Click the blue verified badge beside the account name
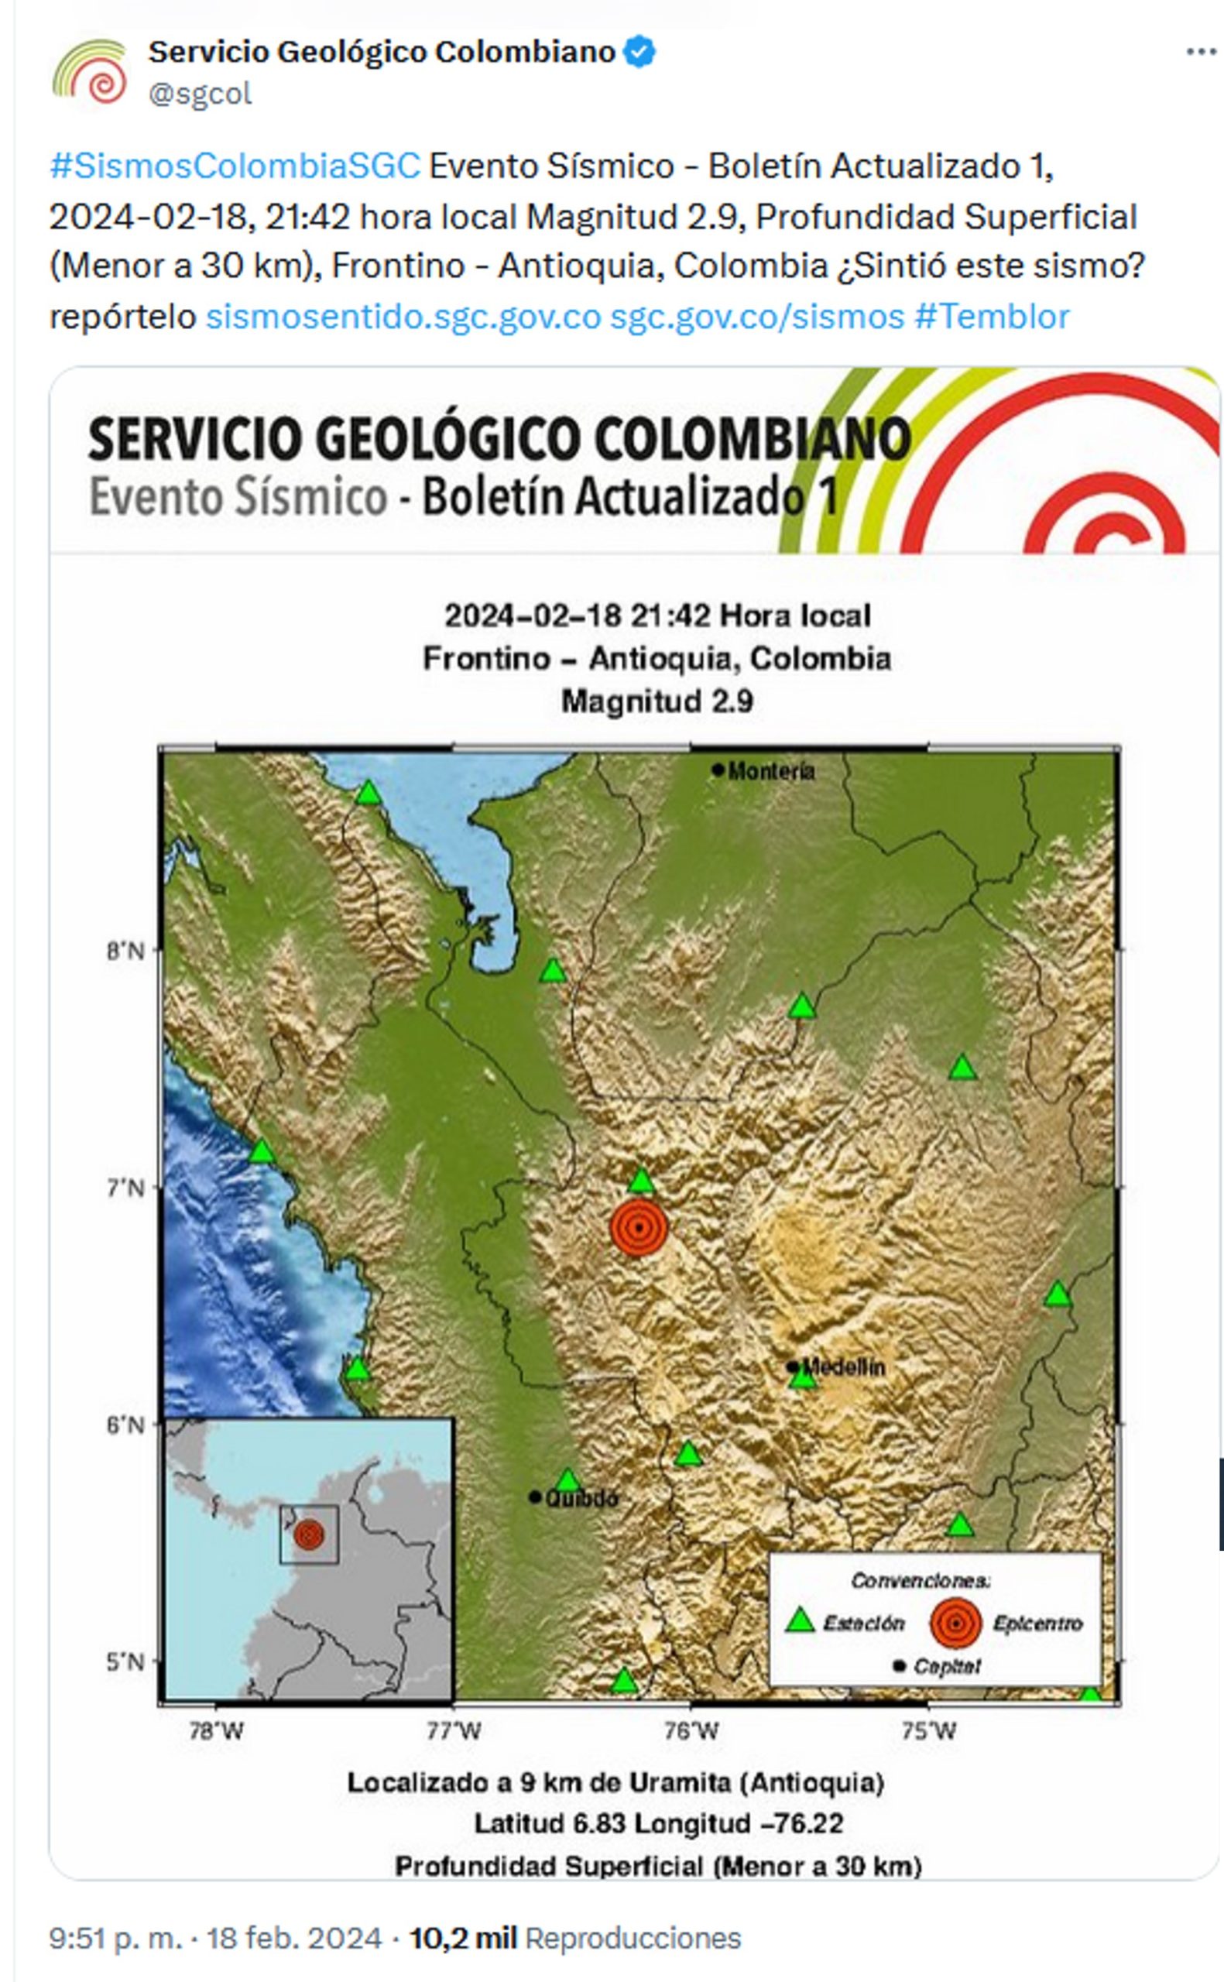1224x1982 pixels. pos(640,53)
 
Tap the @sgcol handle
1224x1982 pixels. pos(200,94)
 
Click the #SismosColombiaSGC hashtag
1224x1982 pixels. pos(235,166)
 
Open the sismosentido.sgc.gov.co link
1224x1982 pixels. pos(403,317)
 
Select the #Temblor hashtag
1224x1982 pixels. pos(992,317)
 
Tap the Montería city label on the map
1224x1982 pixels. pos(770,770)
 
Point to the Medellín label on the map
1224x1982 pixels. pos(844,1368)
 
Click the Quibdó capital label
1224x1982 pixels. pos(581,1498)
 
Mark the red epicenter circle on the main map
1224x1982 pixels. pos(639,1227)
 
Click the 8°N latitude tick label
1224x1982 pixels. pos(125,950)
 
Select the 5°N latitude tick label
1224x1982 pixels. pos(125,1662)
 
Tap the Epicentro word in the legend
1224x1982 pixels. pos(1037,1624)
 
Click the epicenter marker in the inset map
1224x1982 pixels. pos(309,1534)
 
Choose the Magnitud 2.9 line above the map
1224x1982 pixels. pos(657,701)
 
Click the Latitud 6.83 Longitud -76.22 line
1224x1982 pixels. pos(658,1823)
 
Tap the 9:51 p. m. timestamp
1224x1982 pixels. pos(116,1939)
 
